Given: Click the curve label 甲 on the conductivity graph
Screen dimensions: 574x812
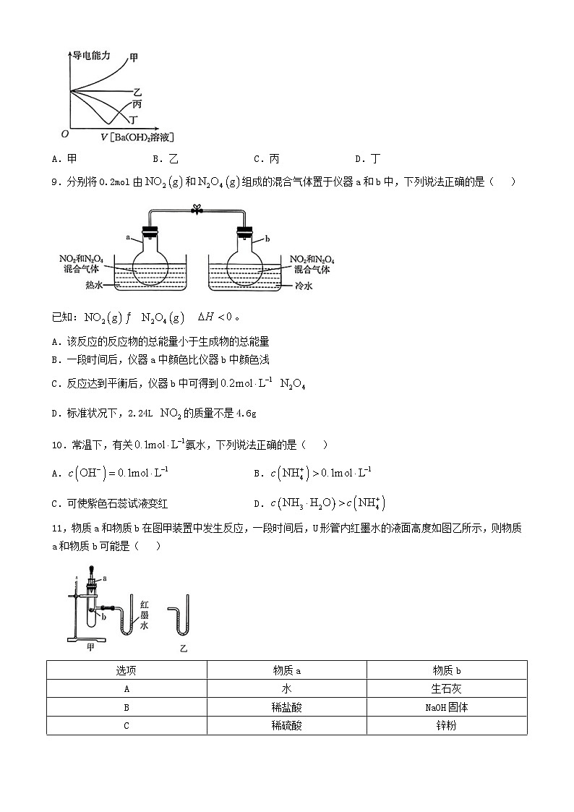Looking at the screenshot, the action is coord(134,57).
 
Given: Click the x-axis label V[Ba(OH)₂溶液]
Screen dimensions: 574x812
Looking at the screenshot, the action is coord(137,137).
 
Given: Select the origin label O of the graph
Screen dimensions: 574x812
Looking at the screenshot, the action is coord(64,134).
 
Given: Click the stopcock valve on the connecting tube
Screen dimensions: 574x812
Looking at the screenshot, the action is coord(194,210).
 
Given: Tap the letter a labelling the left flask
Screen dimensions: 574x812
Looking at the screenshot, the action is coord(128,236).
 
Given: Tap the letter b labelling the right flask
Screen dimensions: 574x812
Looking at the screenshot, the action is coord(267,237).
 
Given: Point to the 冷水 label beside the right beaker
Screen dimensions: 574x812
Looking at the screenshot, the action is coord(304,286).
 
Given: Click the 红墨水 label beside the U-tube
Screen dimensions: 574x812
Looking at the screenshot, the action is coord(145,615).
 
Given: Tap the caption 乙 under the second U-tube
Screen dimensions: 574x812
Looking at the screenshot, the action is coord(183,649).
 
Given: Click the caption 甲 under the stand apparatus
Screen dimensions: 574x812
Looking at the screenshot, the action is coord(90,647).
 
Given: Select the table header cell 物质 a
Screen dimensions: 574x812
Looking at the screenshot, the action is coord(287,670).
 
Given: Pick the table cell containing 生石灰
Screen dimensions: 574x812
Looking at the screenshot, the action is coord(447,689).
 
